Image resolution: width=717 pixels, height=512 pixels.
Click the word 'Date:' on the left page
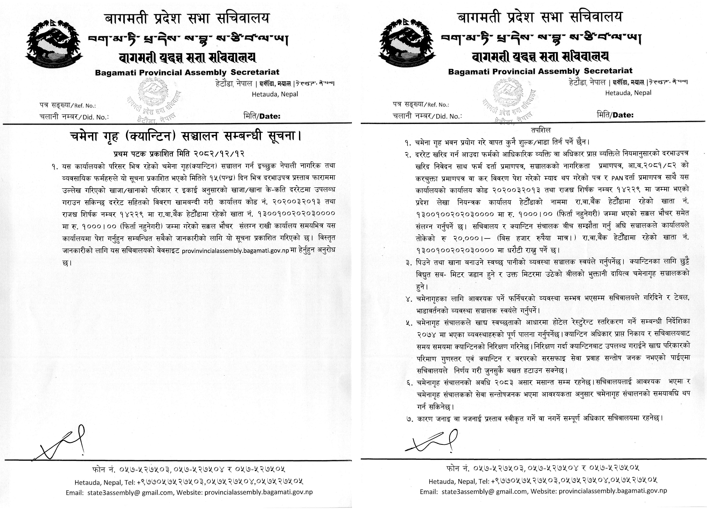tap(270, 116)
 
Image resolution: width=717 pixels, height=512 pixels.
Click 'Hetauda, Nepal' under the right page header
tap(628, 93)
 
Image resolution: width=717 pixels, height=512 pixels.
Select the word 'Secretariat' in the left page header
tap(255, 72)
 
